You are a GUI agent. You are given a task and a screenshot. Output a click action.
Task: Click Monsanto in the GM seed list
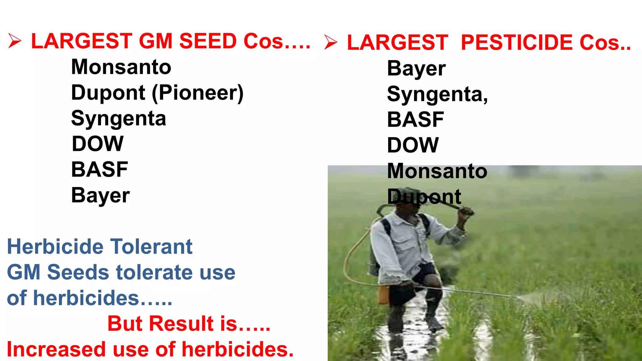[x=121, y=67]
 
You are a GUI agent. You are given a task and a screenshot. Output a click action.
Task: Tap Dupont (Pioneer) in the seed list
[x=157, y=93]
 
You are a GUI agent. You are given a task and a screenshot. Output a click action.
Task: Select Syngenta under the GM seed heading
[x=118, y=119]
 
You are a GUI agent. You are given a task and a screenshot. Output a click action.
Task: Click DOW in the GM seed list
[x=97, y=144]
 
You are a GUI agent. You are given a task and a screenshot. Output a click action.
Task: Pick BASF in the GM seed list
[x=99, y=170]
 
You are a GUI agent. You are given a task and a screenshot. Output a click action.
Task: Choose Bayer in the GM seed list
[x=100, y=196]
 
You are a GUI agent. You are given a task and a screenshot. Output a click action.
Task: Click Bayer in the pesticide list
[x=416, y=69]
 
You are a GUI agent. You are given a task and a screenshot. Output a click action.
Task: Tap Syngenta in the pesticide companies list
[x=437, y=94]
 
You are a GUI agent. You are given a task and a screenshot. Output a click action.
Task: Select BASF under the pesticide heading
[x=415, y=120]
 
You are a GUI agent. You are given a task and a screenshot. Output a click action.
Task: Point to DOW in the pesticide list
[x=413, y=145]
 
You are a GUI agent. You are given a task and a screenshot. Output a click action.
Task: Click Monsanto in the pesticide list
[x=437, y=171]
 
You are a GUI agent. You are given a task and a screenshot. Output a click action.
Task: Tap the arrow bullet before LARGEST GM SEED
[x=14, y=41]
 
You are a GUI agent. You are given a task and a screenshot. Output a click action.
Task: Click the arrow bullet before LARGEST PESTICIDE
[x=331, y=42]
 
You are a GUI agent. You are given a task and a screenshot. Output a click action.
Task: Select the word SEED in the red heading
[x=208, y=41]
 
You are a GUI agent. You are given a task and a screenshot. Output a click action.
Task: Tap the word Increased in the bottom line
[x=56, y=349]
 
